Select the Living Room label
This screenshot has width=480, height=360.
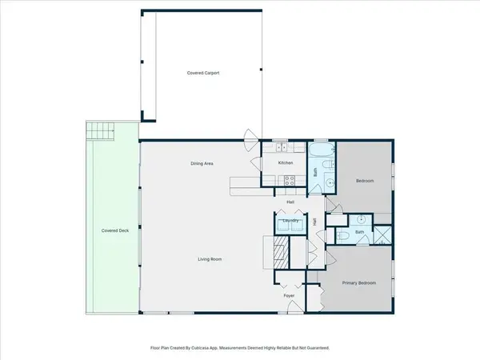tap(210, 259)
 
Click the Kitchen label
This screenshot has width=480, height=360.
tap(286, 163)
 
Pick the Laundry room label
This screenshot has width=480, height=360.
tap(290, 220)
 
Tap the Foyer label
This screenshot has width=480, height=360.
tap(290, 296)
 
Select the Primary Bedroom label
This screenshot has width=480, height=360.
tap(359, 283)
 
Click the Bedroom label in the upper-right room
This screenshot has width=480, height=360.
tap(364, 181)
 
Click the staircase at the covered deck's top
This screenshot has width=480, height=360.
tap(101, 130)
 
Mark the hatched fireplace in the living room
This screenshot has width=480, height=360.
tap(279, 254)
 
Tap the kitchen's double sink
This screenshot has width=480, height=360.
tap(282, 146)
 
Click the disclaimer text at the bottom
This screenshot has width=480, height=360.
tap(240, 349)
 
